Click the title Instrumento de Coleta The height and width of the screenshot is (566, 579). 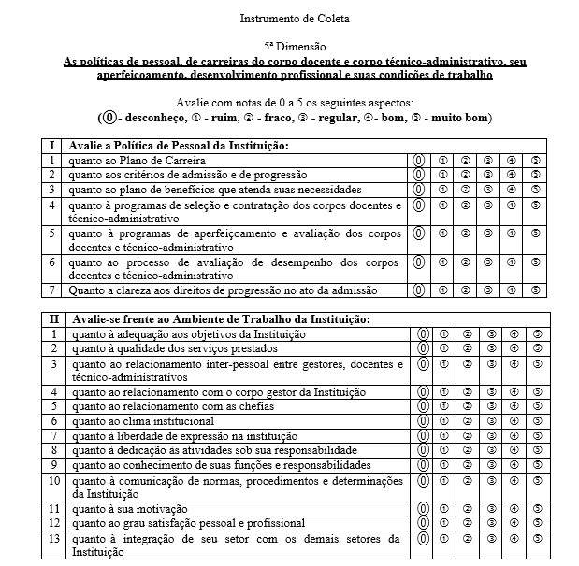(x=289, y=18)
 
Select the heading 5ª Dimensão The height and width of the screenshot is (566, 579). (x=290, y=46)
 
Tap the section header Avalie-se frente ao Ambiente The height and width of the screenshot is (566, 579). (x=199, y=319)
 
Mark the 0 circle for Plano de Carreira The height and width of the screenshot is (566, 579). (x=421, y=161)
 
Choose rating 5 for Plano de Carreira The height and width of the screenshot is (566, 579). (x=536, y=161)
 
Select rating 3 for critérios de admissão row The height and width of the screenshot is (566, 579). (x=487, y=175)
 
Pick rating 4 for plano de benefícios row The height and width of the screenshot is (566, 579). (x=511, y=190)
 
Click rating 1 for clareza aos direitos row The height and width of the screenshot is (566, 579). (x=443, y=290)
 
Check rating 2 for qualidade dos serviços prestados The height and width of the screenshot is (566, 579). (x=467, y=348)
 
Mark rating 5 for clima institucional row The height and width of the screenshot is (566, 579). (x=537, y=420)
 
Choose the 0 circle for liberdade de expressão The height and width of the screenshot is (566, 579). (x=423, y=435)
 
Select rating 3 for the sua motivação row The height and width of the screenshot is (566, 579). (x=489, y=508)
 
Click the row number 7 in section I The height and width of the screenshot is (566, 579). (x=54, y=290)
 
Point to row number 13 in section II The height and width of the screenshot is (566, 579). (x=54, y=538)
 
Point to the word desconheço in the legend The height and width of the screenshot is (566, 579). (x=151, y=119)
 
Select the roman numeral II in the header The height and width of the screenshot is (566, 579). (x=54, y=319)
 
